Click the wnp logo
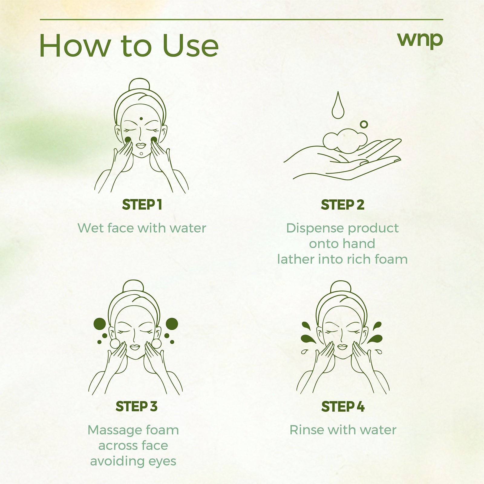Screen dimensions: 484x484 (420, 40)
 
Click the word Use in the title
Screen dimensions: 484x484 (191, 46)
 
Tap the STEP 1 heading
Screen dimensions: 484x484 (142, 205)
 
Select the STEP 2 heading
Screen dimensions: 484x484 (342, 205)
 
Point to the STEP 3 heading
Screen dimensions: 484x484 (136, 407)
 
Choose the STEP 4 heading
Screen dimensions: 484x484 (343, 407)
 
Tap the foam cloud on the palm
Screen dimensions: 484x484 (345, 141)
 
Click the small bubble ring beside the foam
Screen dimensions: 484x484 (364, 124)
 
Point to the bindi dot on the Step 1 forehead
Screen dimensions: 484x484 (141, 119)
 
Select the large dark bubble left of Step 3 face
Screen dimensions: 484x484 (100, 324)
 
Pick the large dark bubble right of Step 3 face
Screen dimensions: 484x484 (172, 324)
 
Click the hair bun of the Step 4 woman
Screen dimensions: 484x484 (341, 286)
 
